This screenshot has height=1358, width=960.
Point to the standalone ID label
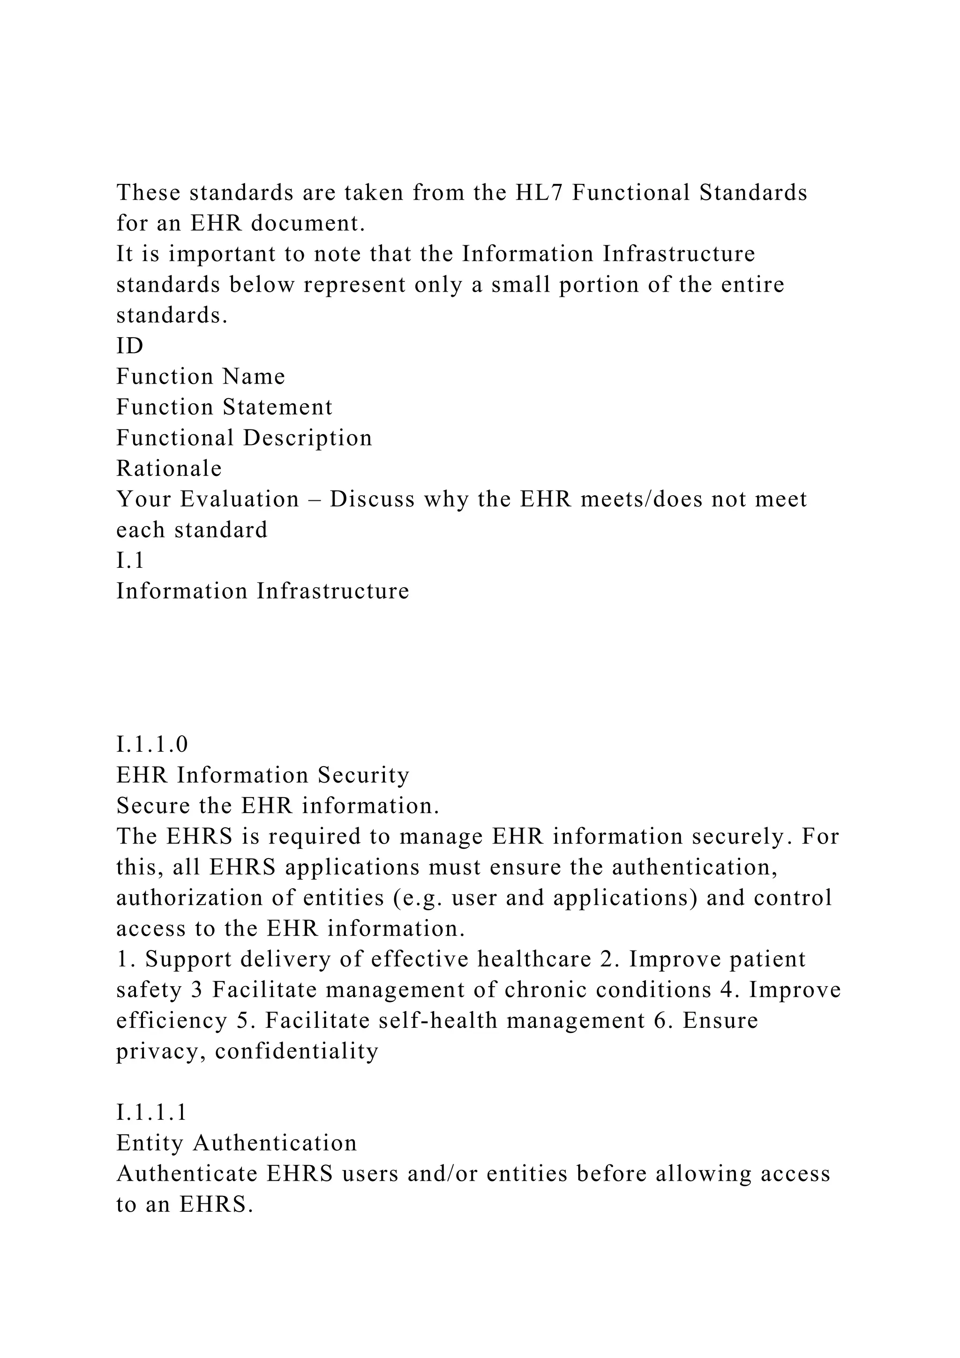[x=130, y=346]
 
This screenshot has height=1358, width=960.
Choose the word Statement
[x=278, y=407]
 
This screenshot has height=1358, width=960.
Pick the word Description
[x=307, y=438]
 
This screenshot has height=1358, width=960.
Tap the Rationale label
[x=169, y=468]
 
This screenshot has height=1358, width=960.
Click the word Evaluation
[x=240, y=499]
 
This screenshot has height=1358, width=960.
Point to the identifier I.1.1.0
[x=152, y=744]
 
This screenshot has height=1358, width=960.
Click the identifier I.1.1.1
[x=152, y=1113]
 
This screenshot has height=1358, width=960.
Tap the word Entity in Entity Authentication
[x=150, y=1143]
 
